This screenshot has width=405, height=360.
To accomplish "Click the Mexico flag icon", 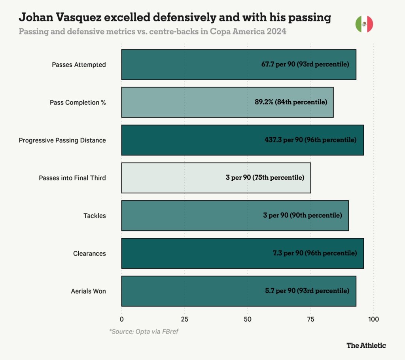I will click(364, 24).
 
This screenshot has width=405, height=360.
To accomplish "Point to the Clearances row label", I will click(89, 253).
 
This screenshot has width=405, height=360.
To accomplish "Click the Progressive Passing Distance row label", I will click(62, 140).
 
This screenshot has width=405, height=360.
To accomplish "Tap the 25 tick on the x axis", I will click(184, 319).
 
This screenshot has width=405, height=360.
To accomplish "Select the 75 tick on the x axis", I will click(310, 319).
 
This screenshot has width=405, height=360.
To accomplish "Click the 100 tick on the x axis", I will click(373, 319).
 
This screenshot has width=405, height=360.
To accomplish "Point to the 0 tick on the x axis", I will click(121, 319).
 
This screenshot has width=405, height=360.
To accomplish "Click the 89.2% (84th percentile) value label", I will click(291, 102).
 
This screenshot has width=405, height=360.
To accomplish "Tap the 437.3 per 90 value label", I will click(310, 140).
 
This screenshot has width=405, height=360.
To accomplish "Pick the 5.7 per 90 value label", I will click(307, 291).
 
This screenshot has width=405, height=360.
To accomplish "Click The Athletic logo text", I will click(366, 345).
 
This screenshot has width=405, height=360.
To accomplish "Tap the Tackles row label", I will click(95, 216).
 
